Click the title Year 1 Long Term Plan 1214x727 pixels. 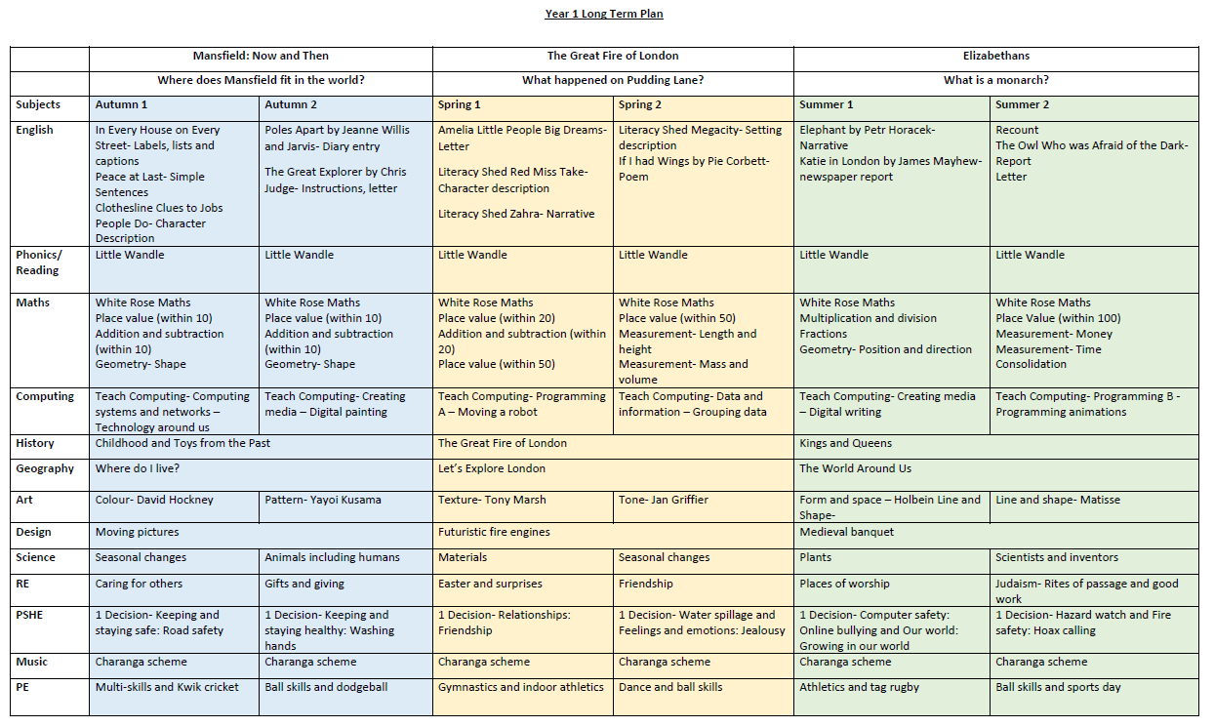(603, 14)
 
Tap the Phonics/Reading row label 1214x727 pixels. (37, 263)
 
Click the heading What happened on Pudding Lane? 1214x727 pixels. (613, 80)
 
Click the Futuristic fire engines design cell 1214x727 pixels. (494, 532)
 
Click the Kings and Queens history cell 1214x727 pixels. (845, 443)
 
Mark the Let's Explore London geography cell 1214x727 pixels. (492, 468)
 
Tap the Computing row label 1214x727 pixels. (44, 396)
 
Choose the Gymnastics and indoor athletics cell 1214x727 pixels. (521, 687)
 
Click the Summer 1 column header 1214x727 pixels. (826, 104)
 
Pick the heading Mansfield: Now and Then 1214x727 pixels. (261, 56)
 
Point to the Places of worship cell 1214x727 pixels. (844, 584)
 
